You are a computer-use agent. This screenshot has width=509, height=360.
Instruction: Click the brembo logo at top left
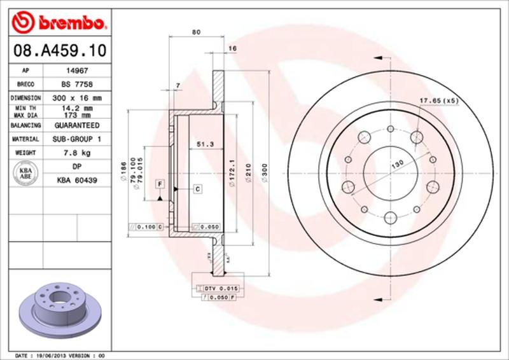tap(58, 24)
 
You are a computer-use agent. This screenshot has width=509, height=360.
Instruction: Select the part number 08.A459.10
tap(58, 50)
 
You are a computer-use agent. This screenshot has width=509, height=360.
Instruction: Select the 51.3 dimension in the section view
tap(204, 144)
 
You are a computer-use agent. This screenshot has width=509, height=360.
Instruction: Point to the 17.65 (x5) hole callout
tap(439, 101)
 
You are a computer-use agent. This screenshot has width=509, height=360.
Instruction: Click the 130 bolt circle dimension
tap(397, 164)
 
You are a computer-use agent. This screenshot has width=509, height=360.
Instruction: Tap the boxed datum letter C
tap(197, 188)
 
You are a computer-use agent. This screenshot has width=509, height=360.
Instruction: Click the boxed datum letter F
tap(160, 184)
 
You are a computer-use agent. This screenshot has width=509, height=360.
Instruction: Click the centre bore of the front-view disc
tap(388, 171)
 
